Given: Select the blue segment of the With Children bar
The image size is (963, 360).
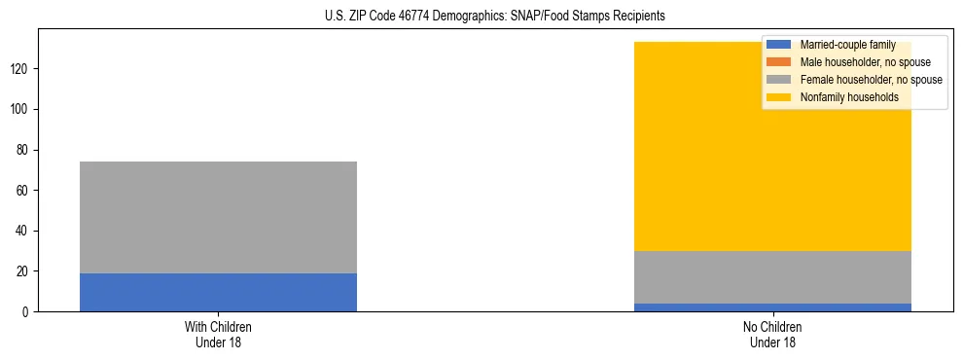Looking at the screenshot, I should coord(218,292).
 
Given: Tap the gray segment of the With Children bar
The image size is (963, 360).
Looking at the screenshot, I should coord(218,217).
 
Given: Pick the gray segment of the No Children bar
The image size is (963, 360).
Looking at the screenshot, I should coord(772,277).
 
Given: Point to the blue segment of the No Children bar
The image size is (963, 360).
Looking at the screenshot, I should coord(772,307).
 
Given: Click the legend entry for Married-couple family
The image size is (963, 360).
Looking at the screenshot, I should coord(847,45).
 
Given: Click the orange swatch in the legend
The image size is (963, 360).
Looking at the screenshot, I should coord(779,62).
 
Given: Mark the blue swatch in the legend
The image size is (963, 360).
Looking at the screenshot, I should coord(779,45).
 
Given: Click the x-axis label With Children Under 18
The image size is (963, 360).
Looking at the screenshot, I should coord(218,334).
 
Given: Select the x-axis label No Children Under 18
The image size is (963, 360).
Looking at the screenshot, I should coord(772,334).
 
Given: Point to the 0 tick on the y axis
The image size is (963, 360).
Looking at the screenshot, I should coord(29,312).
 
